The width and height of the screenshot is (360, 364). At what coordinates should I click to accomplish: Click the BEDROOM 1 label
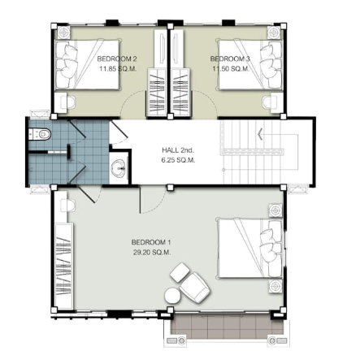click(x=151, y=242)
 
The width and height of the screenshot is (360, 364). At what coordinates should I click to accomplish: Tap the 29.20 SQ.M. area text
click(x=152, y=253)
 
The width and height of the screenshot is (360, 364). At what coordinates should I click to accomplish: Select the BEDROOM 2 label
click(x=117, y=58)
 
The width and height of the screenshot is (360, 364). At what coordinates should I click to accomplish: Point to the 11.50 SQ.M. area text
click(x=231, y=69)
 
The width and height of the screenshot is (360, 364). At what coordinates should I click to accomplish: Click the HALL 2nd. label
click(x=178, y=149)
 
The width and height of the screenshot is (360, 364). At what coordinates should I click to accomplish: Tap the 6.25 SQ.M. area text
click(x=178, y=160)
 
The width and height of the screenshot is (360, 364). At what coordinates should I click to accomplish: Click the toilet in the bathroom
click(x=40, y=134)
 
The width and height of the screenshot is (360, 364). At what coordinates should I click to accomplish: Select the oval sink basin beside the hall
click(x=119, y=167)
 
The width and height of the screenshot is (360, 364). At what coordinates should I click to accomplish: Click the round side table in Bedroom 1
click(x=172, y=295)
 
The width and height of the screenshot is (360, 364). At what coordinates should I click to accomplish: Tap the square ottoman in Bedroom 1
click(x=180, y=272)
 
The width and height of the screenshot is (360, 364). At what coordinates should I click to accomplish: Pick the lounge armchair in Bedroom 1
click(x=195, y=287)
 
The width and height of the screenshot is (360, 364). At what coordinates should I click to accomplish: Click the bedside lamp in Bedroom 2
click(x=63, y=32)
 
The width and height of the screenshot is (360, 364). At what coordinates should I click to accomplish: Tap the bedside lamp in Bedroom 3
click(x=274, y=32)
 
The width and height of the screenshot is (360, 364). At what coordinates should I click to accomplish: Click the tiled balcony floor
click(x=227, y=327)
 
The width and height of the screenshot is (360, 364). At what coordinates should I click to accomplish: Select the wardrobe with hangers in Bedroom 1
click(x=64, y=266)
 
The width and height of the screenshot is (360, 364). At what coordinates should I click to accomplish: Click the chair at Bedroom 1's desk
click(x=67, y=205)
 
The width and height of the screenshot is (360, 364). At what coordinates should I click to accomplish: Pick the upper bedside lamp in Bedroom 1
click(x=275, y=210)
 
